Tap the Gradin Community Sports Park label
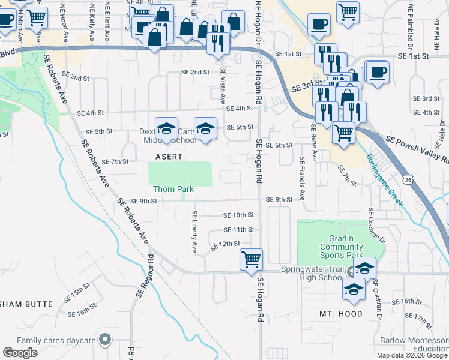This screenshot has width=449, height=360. pos(341,247)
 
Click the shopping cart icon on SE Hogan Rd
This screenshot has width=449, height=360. pos(251,260)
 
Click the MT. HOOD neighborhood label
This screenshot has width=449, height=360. pos(341,314)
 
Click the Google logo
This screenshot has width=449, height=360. pos(20,353)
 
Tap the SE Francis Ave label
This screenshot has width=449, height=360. pos(301,171)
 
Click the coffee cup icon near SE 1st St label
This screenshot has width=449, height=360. pos(377,73)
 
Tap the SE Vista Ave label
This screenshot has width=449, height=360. pos(222,86)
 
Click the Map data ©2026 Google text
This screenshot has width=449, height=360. pos(411,355)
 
